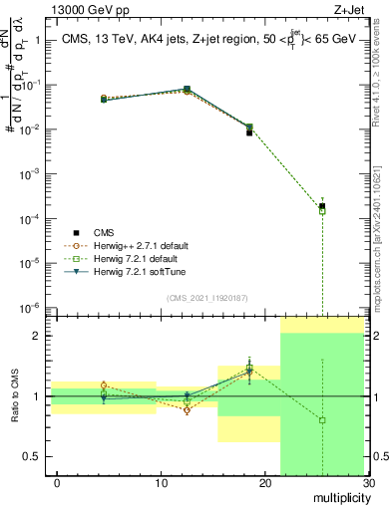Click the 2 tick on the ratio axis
point(38,336)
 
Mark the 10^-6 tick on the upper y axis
point(30,307)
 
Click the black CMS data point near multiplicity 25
point(321,206)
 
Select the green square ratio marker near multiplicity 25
point(321,420)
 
